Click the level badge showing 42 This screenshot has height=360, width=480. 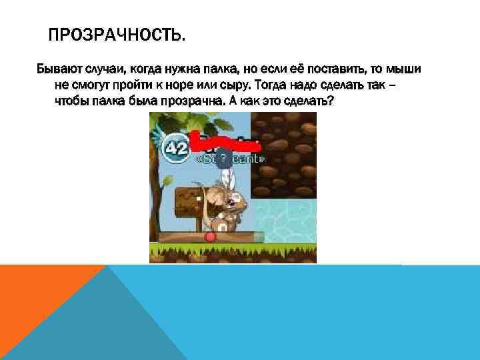click(176, 148)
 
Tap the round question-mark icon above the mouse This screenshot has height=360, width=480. click(224, 159)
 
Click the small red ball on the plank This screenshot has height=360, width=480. click(211, 236)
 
